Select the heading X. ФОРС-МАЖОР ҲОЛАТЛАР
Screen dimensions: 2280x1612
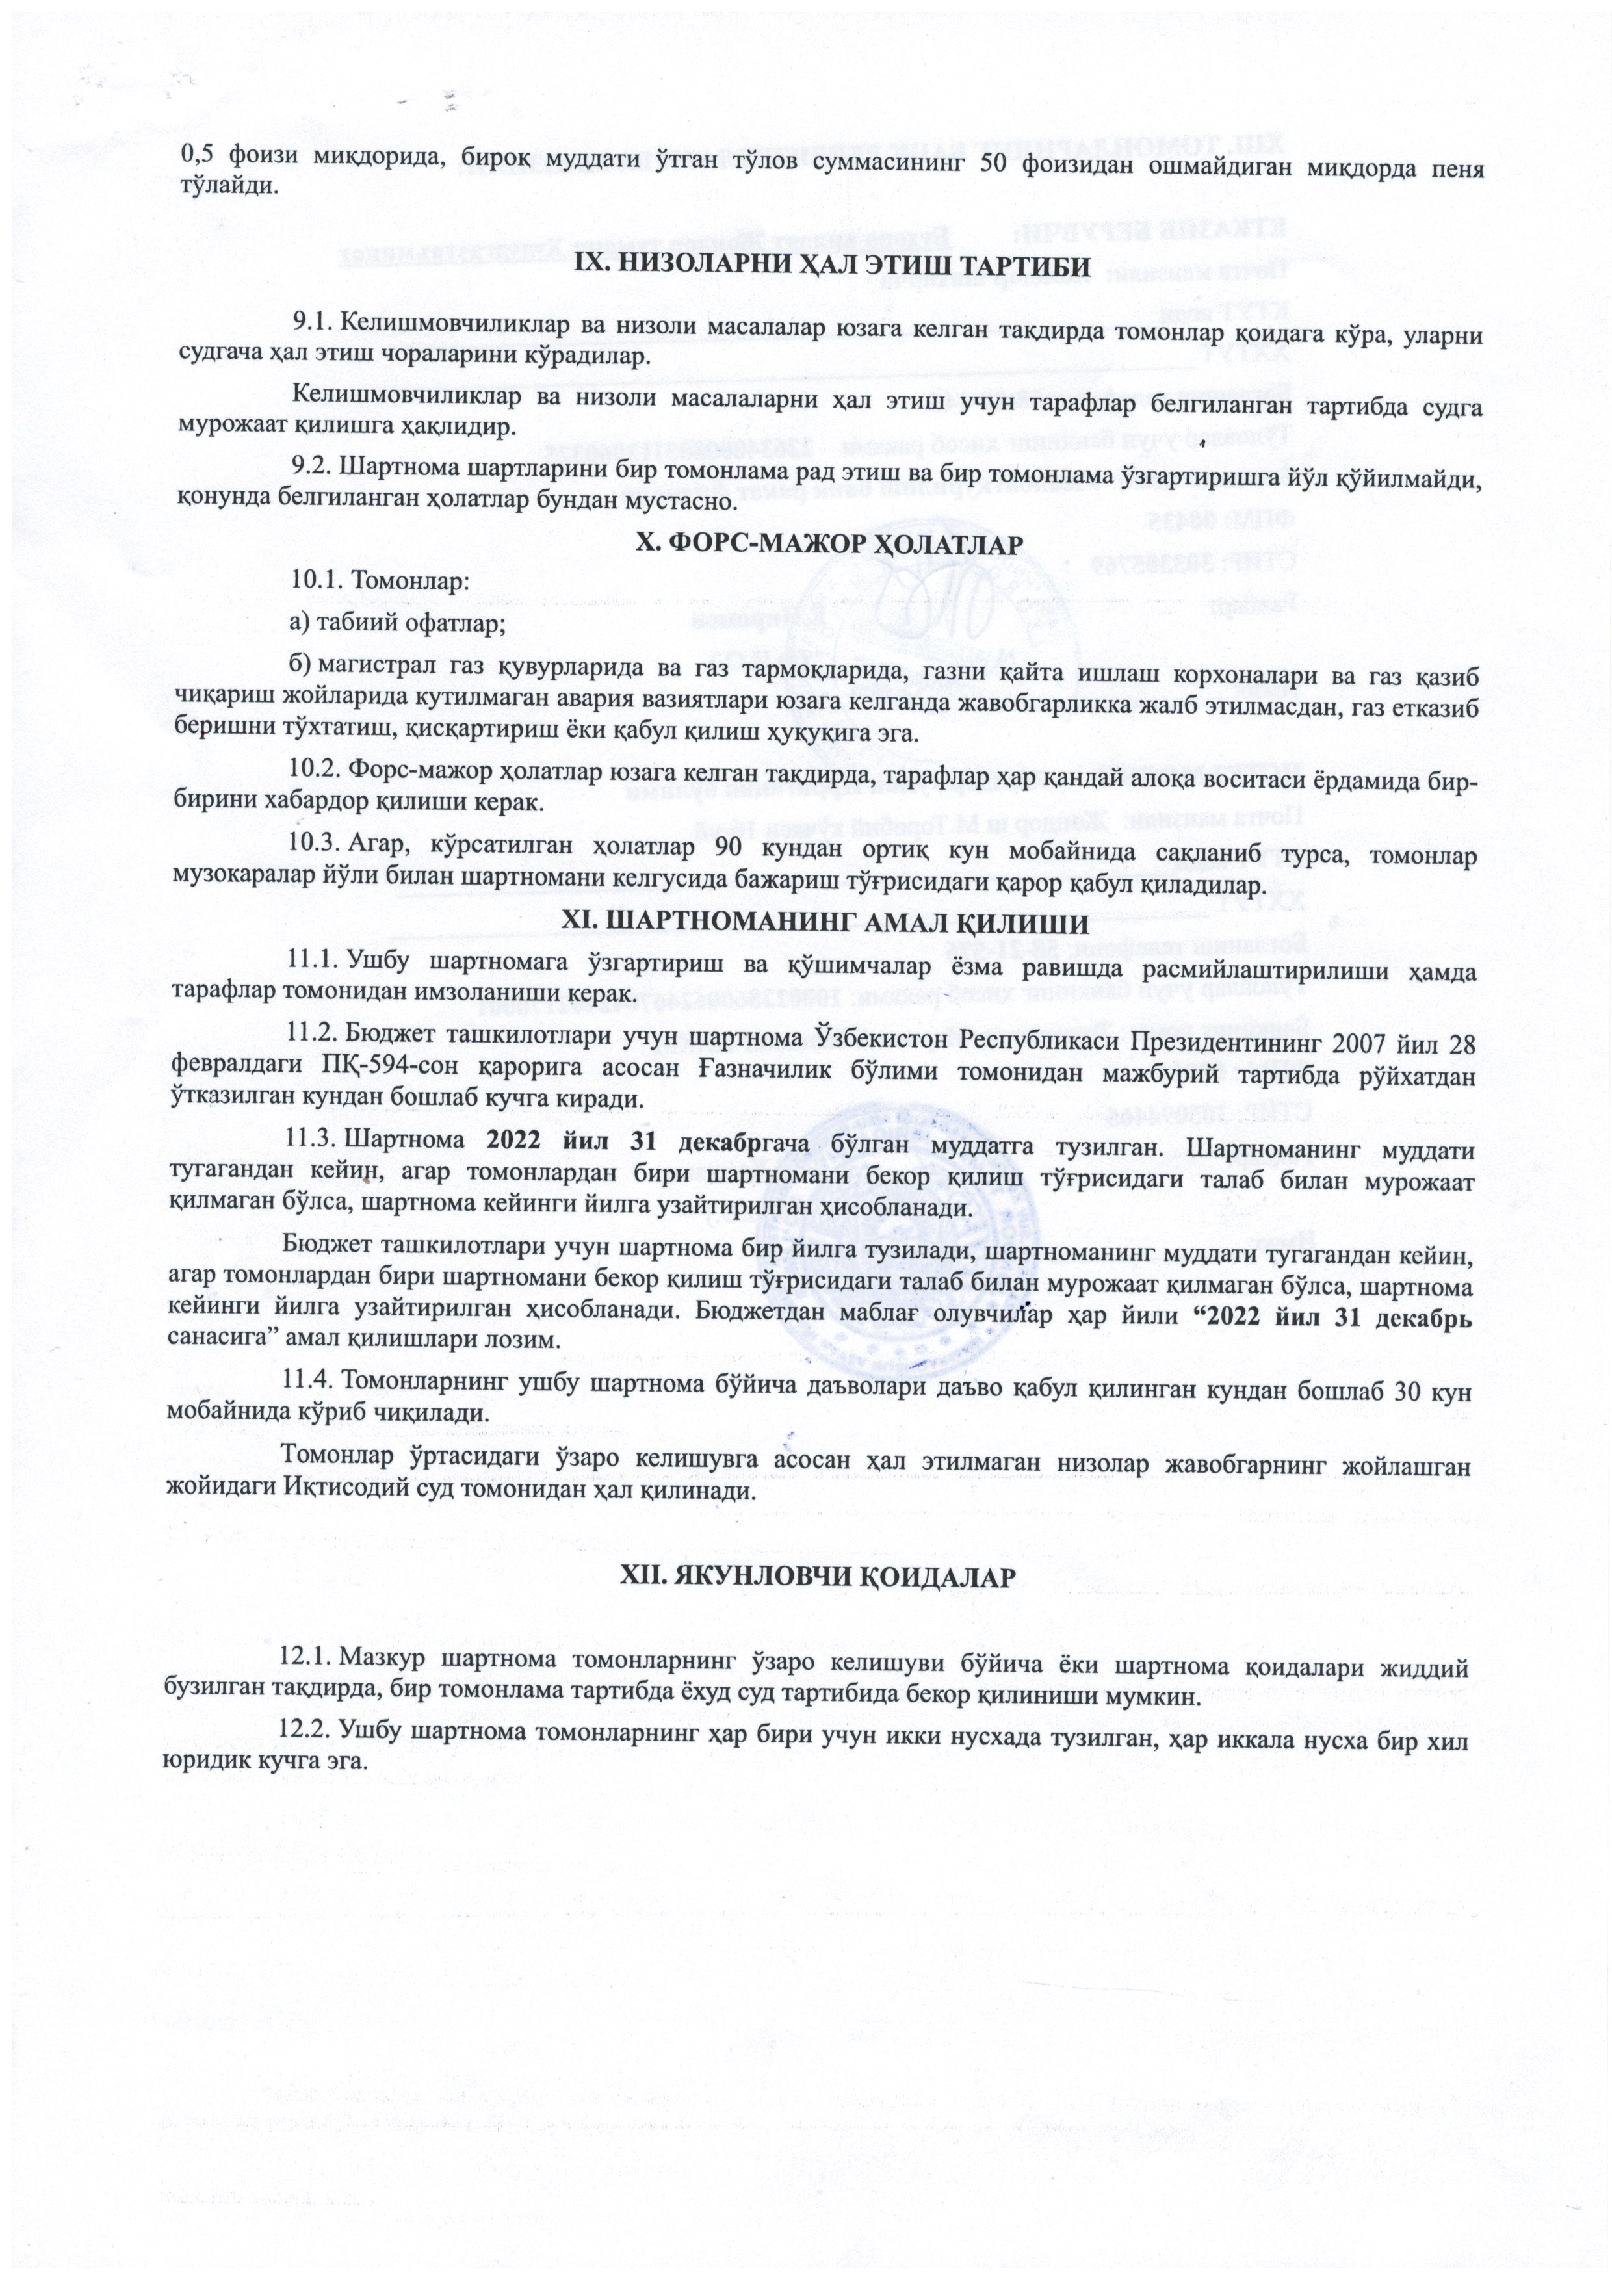pos(828,543)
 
